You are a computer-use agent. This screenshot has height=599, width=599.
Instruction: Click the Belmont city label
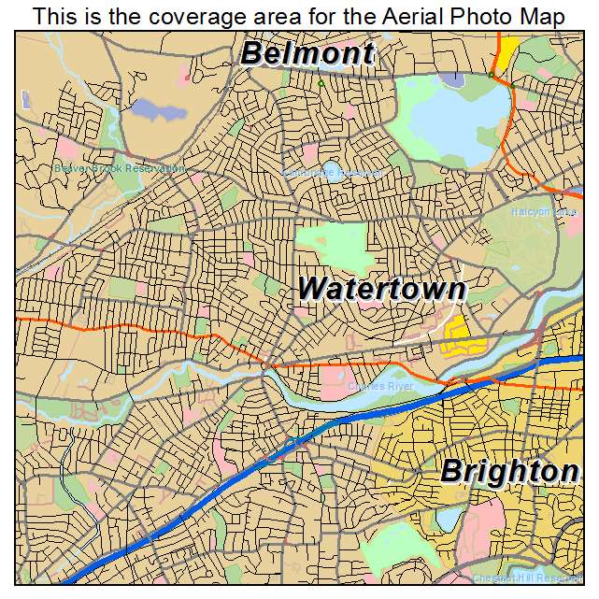click(307, 53)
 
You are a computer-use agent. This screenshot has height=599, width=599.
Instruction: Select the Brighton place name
click(509, 471)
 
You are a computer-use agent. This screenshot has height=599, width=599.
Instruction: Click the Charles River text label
click(379, 385)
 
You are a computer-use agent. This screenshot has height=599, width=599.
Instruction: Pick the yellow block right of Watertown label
click(456, 335)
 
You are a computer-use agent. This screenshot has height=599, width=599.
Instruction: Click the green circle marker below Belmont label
click(321, 83)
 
